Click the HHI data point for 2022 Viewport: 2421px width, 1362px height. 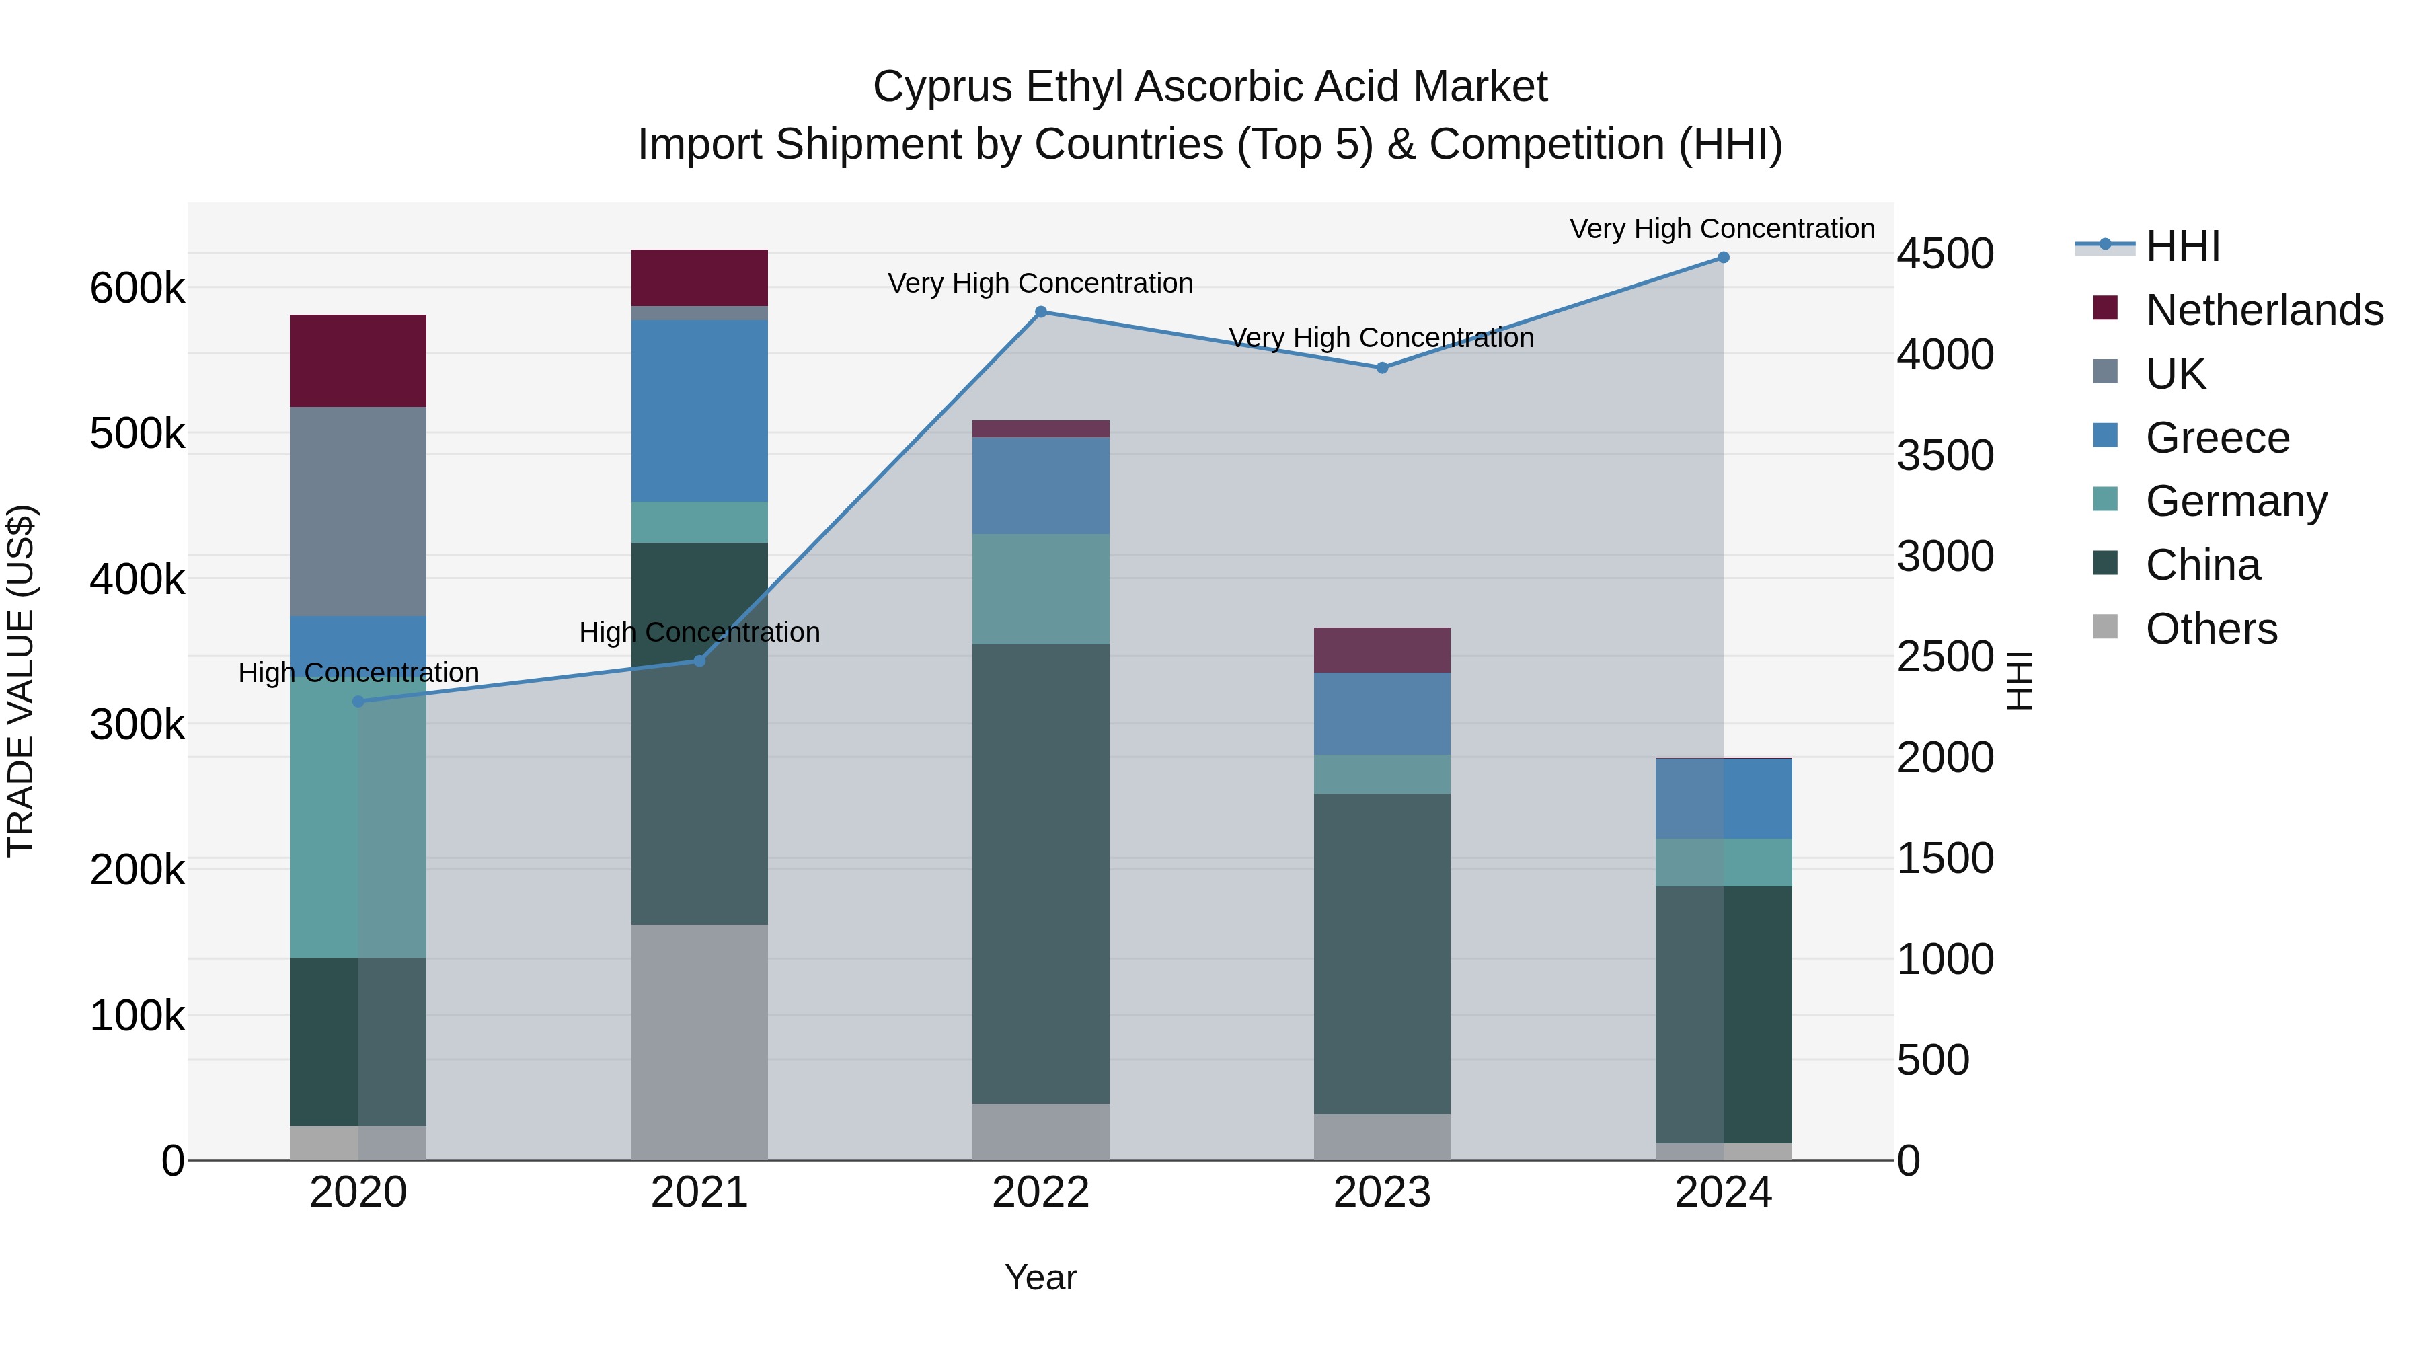pos(1040,312)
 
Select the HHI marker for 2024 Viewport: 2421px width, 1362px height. pos(1723,258)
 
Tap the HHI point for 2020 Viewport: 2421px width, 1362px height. pos(358,702)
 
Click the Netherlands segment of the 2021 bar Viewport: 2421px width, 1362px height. pos(699,277)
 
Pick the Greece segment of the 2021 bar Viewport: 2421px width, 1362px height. pos(699,411)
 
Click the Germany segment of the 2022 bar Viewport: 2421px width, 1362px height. pos(1040,589)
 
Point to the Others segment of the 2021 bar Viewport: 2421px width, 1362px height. pos(699,1041)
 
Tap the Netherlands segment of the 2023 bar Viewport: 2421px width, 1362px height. pos(1381,650)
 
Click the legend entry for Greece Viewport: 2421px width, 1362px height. pos(2217,438)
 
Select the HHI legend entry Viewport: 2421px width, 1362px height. pos(2182,246)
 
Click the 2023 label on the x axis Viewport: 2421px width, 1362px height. pos(1381,1193)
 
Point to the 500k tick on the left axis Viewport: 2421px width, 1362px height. pos(137,434)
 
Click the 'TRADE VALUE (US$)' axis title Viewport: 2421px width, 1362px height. pos(21,681)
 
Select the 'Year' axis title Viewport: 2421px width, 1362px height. pos(1040,1277)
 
